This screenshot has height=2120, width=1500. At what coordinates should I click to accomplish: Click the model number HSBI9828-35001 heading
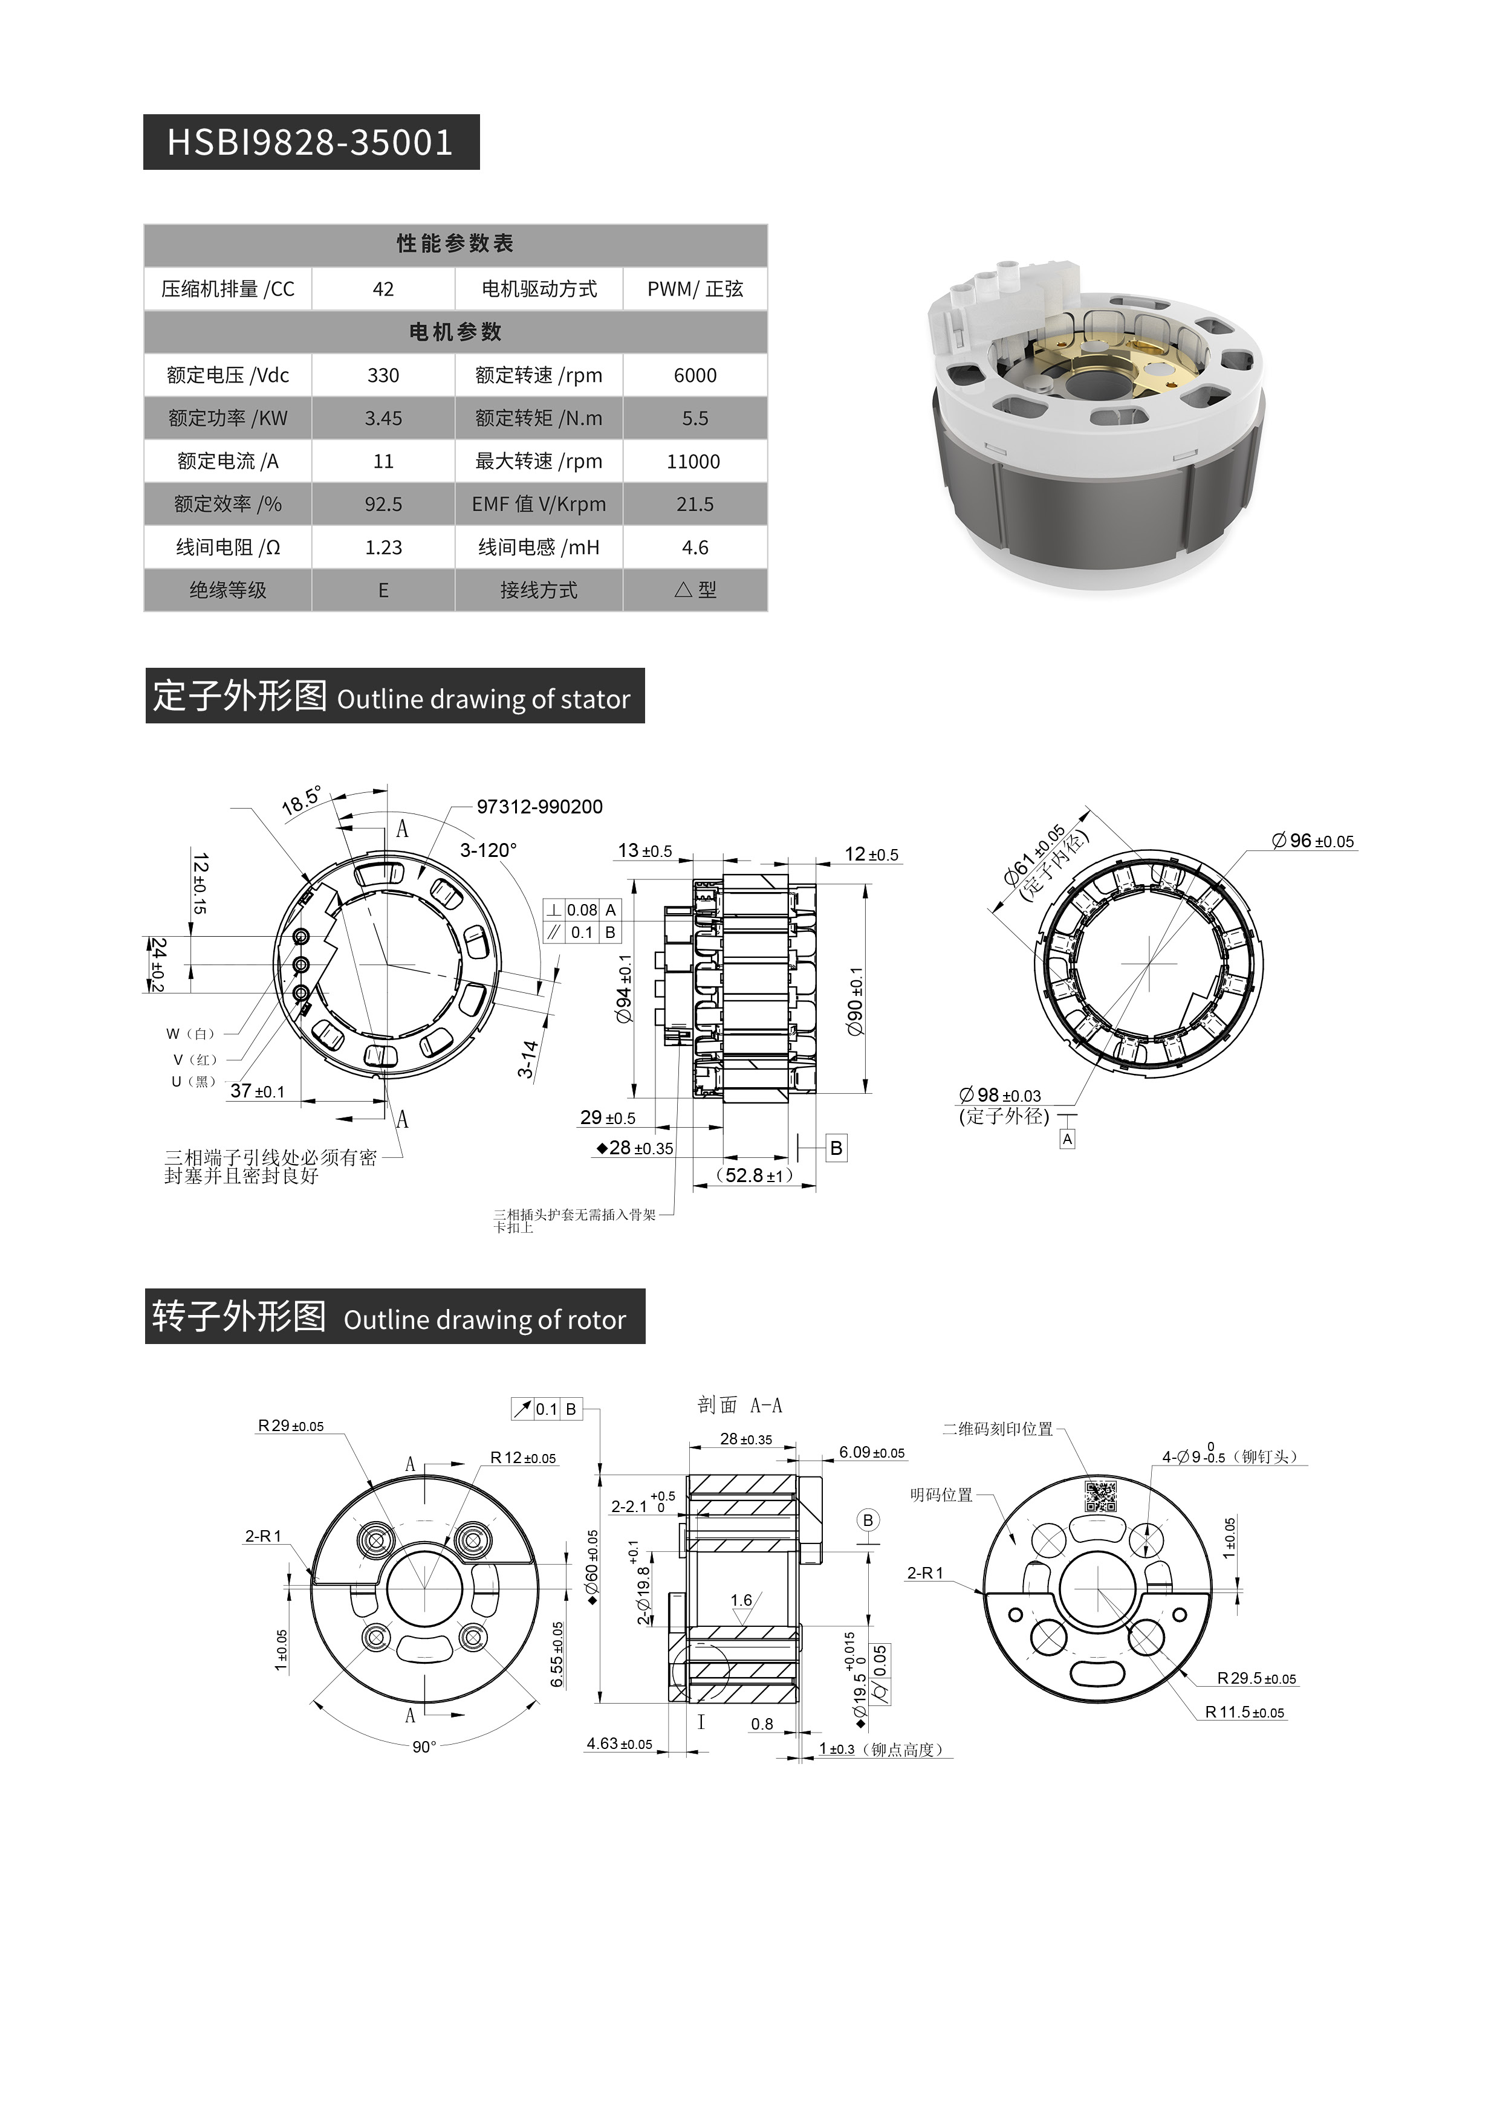(x=310, y=142)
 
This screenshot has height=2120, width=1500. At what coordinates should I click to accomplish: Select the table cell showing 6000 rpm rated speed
(x=695, y=375)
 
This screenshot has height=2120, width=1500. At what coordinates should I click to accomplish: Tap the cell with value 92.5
(x=383, y=504)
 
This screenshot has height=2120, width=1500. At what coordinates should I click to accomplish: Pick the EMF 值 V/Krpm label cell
(x=539, y=504)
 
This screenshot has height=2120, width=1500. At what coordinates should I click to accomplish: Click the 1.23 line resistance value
(x=383, y=548)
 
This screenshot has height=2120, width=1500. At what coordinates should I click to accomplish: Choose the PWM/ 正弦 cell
(x=695, y=289)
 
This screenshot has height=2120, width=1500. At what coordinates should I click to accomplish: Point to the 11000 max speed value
(x=693, y=462)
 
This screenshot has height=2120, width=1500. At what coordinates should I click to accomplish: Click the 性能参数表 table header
(x=455, y=244)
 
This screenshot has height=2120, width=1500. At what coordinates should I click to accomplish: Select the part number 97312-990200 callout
(x=539, y=807)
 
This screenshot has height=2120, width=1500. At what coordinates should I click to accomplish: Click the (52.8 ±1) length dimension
(x=755, y=1175)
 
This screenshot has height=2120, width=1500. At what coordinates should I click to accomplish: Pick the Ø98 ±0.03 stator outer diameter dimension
(x=1001, y=1095)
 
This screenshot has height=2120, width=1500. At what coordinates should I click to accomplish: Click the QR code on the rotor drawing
(x=1100, y=1496)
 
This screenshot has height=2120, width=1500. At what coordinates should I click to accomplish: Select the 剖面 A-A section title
(x=740, y=1405)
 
